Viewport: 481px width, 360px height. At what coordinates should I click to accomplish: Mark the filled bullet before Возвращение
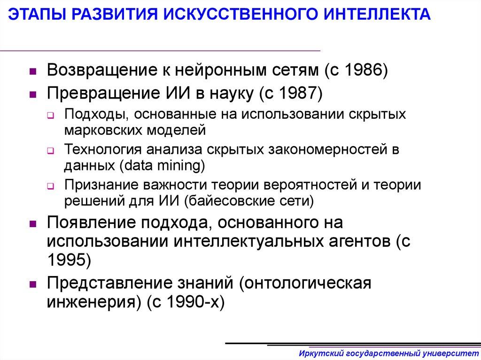coord(33,72)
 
